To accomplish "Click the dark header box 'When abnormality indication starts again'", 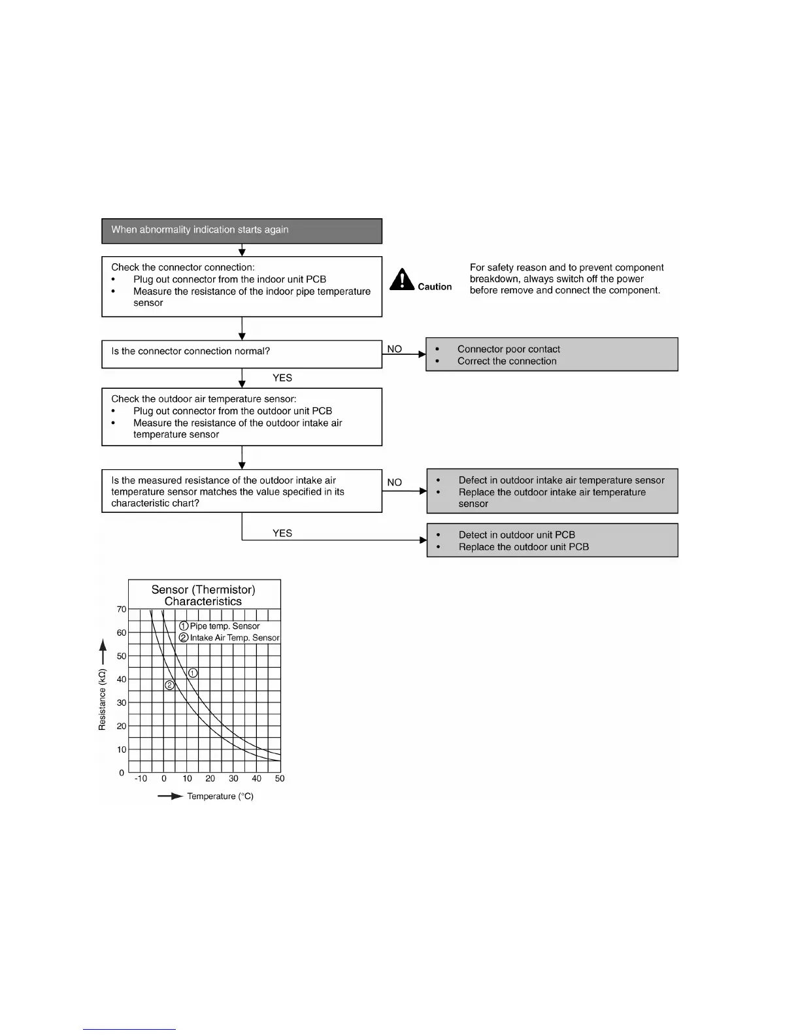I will [x=241, y=231].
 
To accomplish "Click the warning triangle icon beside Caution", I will [x=402, y=280].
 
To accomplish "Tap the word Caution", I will [x=435, y=287].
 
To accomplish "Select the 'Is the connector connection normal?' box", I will [x=241, y=353].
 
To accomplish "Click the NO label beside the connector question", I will [x=394, y=349].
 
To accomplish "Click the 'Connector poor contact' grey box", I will [x=552, y=355].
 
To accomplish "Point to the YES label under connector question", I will [x=282, y=378].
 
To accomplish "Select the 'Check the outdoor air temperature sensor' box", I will [x=241, y=417].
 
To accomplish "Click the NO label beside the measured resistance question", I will [x=394, y=482].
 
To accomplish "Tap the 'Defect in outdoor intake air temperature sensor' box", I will [x=552, y=491].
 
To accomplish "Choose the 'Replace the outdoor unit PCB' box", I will [x=552, y=540].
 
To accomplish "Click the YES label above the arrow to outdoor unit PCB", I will [x=282, y=533].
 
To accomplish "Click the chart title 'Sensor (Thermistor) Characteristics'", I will [x=203, y=595].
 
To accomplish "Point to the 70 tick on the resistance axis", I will [x=122, y=609].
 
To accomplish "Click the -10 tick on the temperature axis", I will [x=141, y=778].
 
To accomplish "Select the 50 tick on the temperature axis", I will [x=280, y=778].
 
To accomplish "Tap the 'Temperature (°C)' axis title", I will [x=220, y=796].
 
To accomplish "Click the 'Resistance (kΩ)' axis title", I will [x=102, y=699].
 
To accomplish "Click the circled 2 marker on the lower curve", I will [x=169, y=685].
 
